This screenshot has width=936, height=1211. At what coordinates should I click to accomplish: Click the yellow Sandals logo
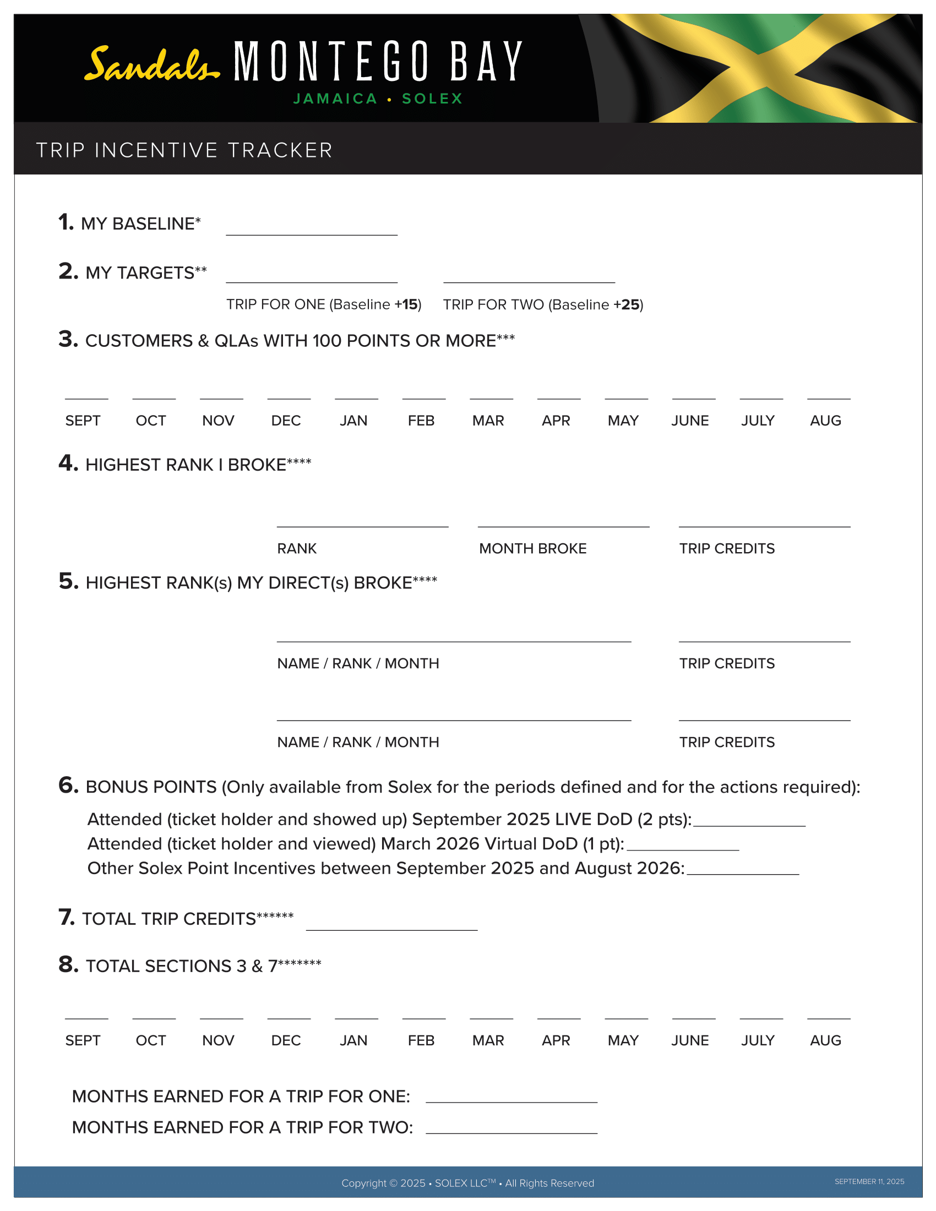151,64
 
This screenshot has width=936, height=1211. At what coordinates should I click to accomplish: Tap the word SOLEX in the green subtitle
432,99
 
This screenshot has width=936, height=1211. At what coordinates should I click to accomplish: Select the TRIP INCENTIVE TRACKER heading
184,150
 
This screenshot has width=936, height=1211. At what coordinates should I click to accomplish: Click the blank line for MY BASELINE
311,230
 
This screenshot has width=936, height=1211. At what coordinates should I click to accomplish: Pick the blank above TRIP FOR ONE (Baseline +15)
311,277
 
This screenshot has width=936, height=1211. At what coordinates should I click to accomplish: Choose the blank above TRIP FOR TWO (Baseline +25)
529,277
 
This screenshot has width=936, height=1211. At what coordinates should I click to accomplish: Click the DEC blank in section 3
289,393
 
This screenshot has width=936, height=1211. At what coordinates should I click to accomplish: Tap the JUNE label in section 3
690,421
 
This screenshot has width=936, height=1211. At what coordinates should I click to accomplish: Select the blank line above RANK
362,521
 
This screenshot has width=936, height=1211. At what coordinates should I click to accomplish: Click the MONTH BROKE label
532,548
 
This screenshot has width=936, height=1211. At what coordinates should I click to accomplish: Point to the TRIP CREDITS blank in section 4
764,521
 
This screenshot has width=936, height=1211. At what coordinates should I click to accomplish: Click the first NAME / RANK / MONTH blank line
454,636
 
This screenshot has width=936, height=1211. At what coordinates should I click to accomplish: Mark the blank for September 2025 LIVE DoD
749,821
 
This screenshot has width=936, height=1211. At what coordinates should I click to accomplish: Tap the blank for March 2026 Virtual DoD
683,844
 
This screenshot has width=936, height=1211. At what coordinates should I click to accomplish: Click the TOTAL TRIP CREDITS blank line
391,924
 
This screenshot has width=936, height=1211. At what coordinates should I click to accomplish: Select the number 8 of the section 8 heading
68,965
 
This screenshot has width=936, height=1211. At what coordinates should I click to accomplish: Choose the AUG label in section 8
825,1041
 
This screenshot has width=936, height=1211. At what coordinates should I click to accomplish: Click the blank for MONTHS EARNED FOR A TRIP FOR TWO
511,1128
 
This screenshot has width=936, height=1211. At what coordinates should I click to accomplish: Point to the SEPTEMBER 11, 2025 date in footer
869,1182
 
